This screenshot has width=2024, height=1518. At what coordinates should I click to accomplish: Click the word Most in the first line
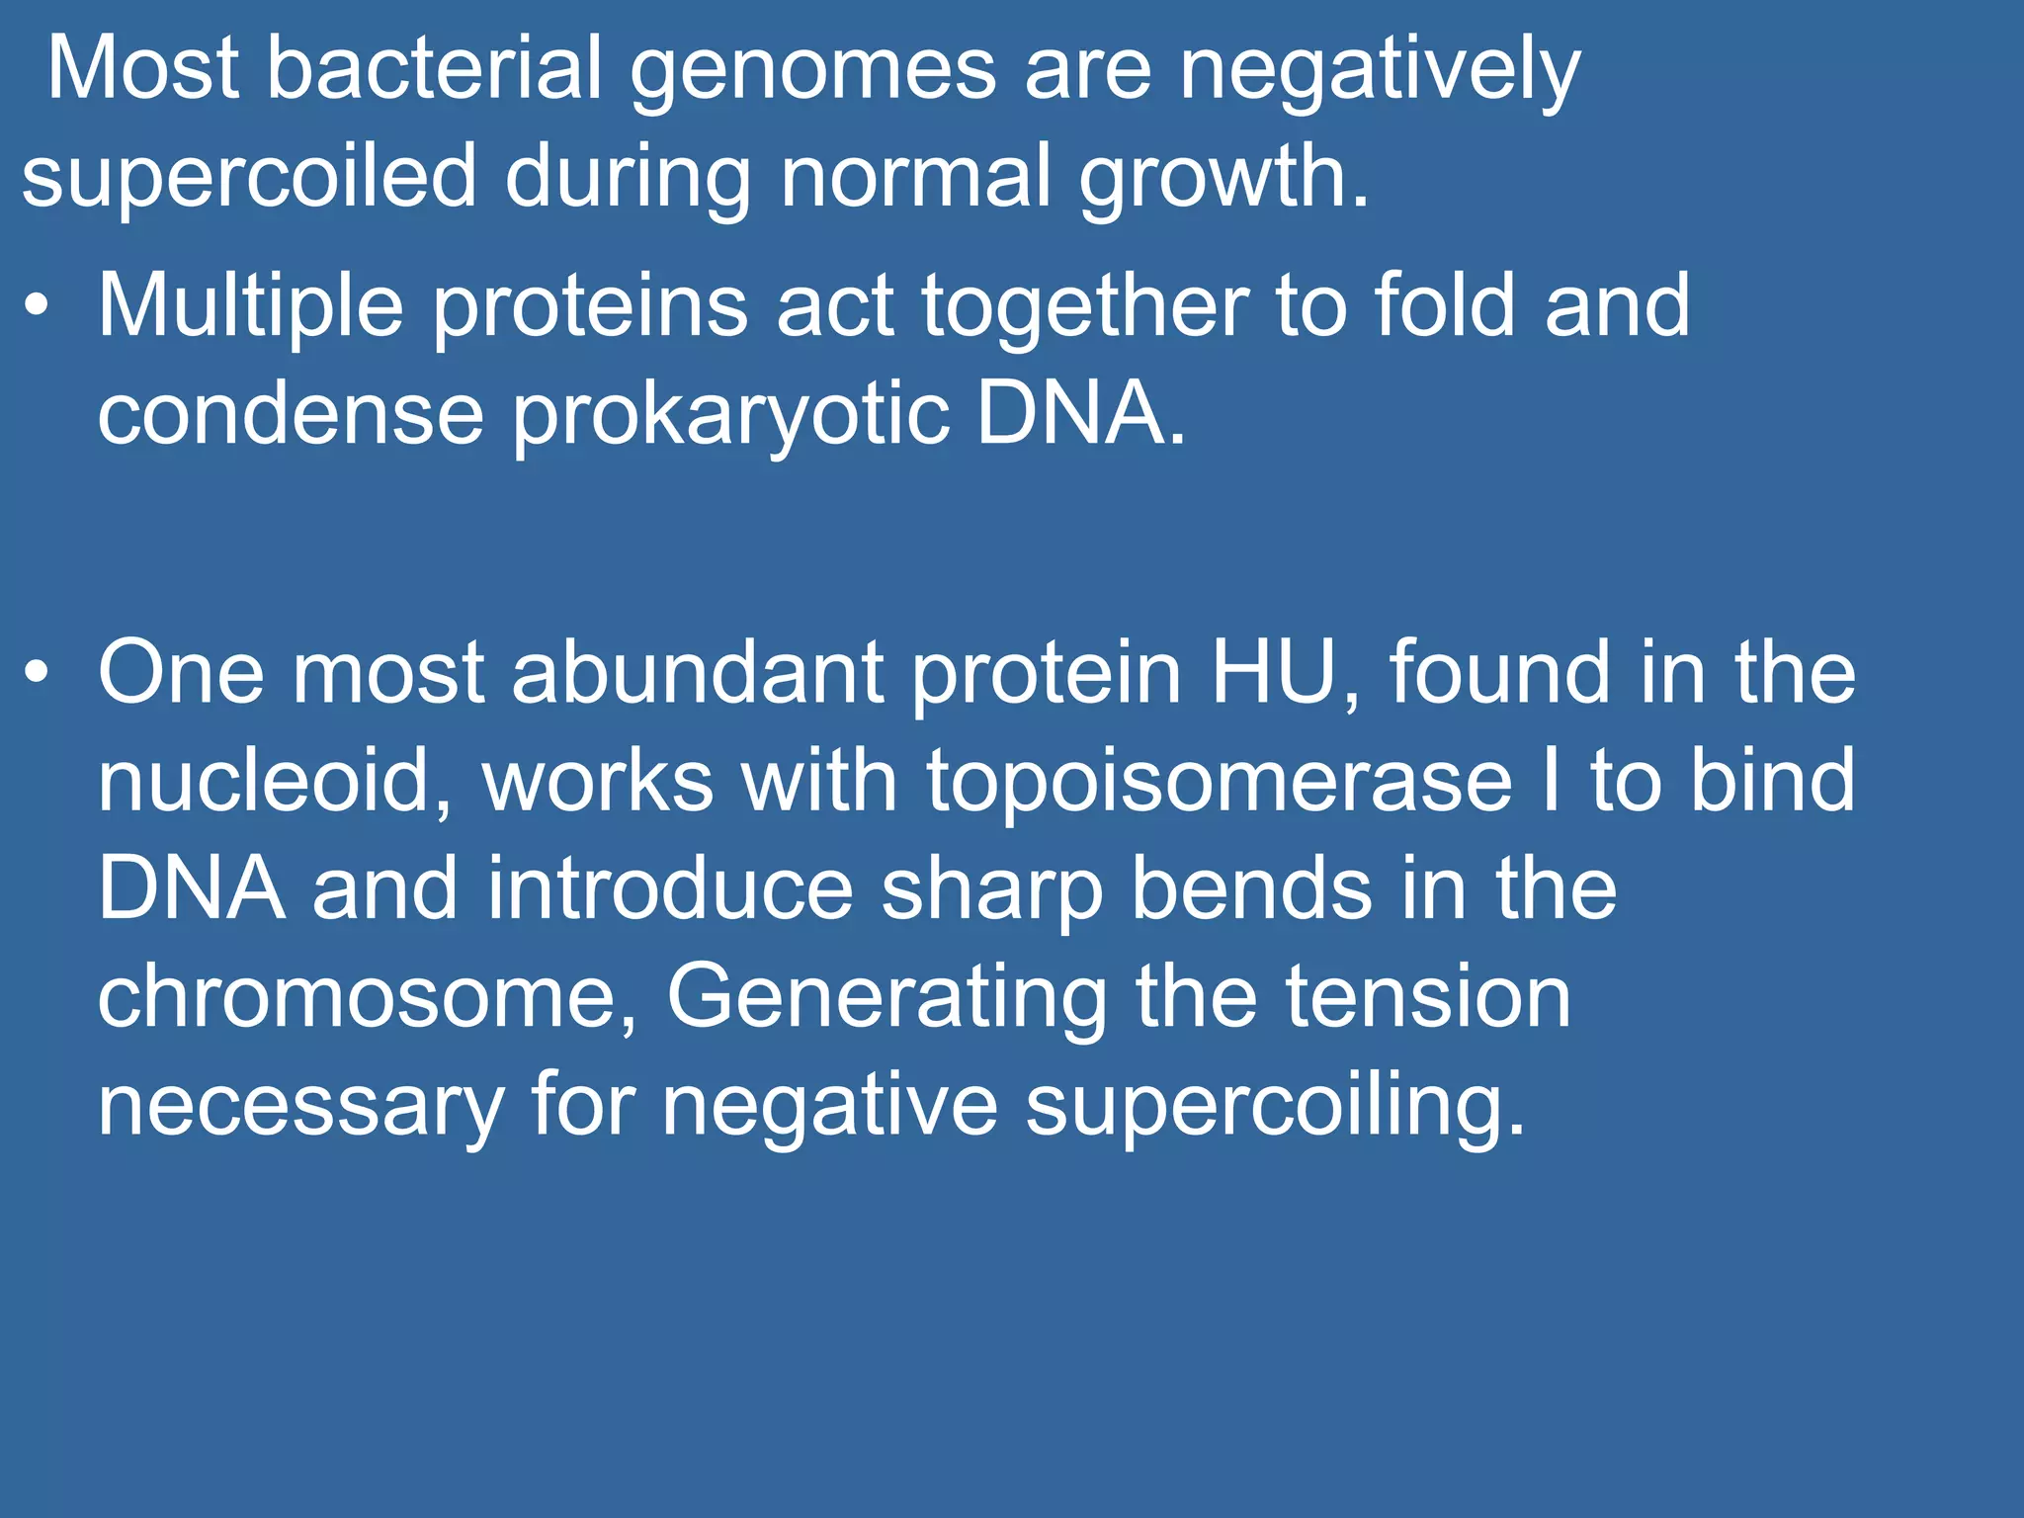pos(142,69)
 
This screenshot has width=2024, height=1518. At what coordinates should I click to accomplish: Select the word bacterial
pos(435,69)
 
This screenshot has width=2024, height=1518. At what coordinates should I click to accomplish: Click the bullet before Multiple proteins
pos(37,306)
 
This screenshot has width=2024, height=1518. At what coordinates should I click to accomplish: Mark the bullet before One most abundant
pos(37,673)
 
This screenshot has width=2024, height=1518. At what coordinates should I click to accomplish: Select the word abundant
pos(698,673)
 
